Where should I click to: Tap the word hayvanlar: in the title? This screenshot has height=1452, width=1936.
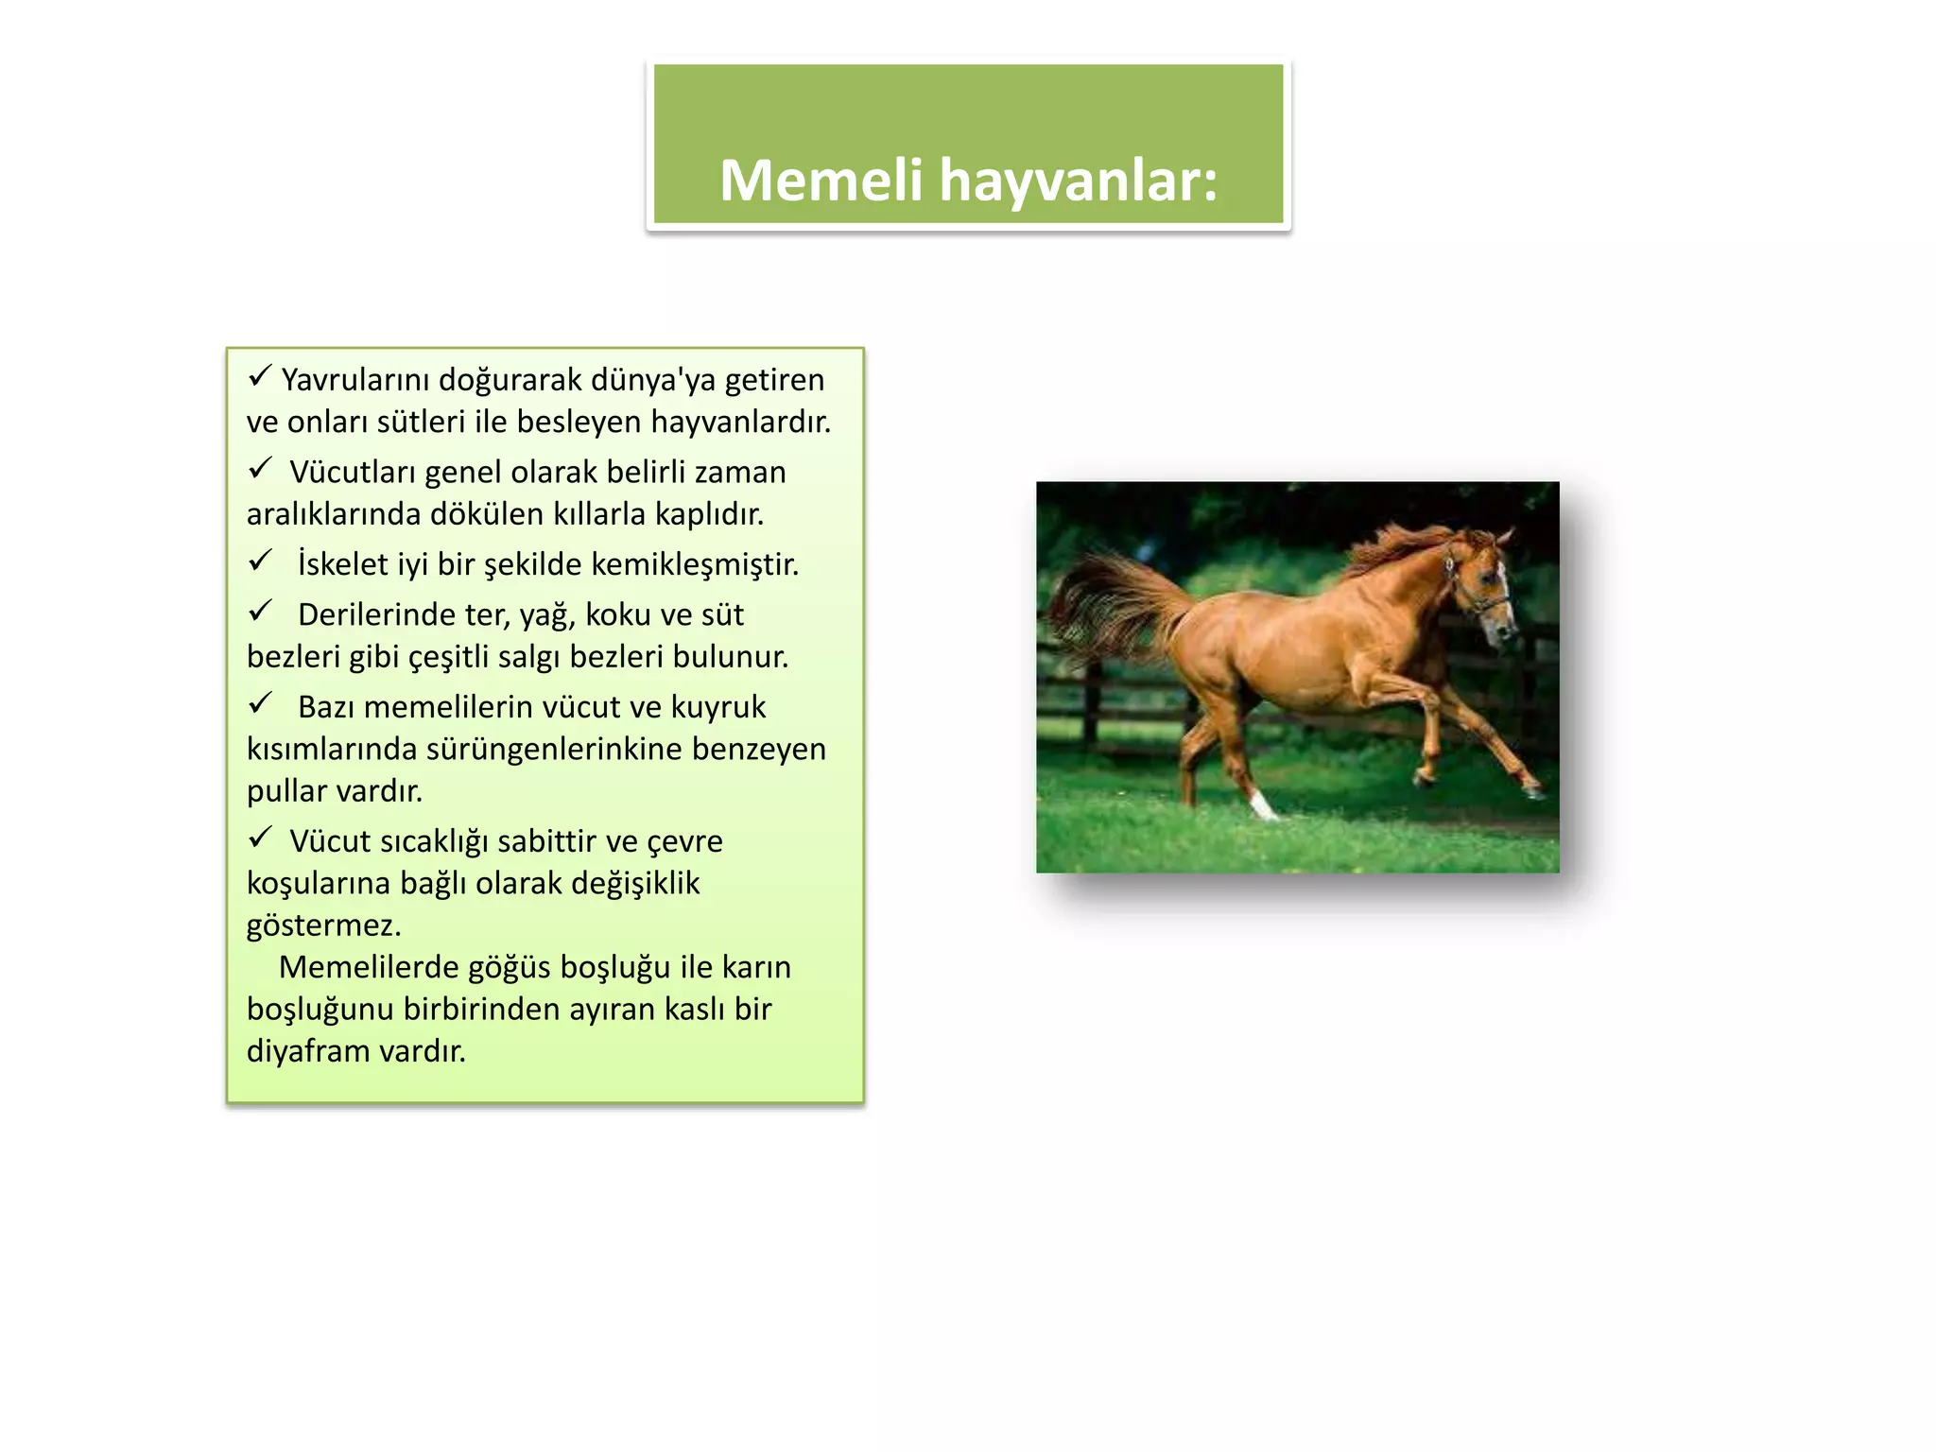point(1078,181)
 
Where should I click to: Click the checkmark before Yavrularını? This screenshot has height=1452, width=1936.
point(260,376)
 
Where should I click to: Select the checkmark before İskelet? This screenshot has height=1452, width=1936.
point(260,561)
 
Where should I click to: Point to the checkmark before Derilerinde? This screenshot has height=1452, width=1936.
point(260,612)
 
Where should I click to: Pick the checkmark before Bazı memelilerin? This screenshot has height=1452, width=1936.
point(260,703)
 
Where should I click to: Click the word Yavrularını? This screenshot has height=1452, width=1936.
point(354,380)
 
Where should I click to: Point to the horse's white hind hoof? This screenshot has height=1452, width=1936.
point(1262,806)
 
